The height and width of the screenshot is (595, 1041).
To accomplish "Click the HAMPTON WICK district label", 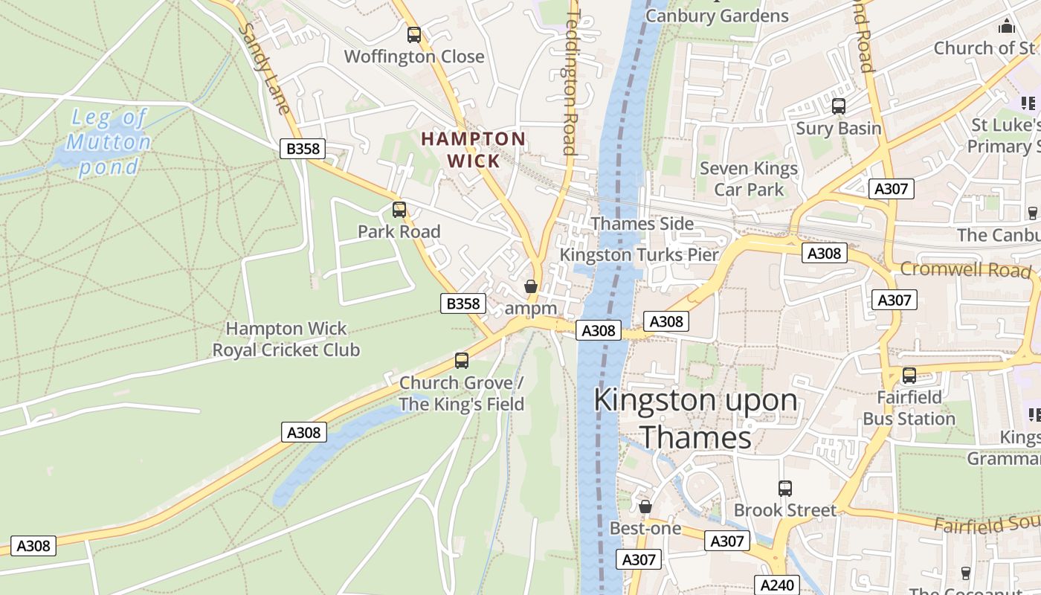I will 474,149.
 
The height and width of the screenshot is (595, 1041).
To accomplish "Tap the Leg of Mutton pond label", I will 109,142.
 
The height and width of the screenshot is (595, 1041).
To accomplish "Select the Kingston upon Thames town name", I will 695,419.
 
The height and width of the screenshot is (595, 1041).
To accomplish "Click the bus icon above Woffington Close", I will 414,34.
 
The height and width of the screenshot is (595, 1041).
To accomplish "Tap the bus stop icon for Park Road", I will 399,210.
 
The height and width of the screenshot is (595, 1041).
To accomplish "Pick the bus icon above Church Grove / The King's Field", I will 462,361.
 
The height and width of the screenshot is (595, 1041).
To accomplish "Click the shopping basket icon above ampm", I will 531,286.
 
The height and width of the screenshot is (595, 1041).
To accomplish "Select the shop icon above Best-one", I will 645,506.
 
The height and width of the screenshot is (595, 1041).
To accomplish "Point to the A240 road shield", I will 777,585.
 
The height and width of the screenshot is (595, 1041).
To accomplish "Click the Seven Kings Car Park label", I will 749,179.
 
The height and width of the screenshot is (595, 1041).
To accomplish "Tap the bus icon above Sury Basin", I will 839,106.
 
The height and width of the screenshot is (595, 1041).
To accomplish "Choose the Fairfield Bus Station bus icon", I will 909,376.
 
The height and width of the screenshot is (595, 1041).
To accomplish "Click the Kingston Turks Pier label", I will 639,254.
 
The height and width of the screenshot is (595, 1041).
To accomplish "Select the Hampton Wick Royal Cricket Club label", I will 286,339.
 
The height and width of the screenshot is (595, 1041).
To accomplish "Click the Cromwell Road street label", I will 966,269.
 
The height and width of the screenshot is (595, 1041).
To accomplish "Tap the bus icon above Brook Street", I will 785,489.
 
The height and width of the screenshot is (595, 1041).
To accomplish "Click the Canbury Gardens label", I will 717,16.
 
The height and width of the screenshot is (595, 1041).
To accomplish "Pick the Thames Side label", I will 642,224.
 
